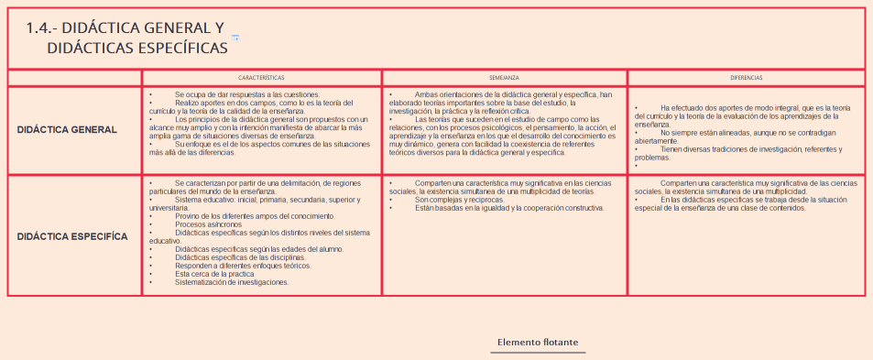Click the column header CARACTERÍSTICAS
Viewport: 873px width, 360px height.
point(261,79)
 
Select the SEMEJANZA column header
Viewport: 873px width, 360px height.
point(504,79)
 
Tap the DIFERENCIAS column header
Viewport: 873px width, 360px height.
point(746,79)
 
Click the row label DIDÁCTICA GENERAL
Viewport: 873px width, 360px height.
point(67,129)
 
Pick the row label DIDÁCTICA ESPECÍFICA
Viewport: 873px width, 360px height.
point(72,236)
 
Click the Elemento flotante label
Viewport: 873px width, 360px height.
point(537,343)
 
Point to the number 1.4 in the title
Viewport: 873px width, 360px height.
point(43,27)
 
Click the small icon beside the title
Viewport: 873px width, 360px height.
point(235,37)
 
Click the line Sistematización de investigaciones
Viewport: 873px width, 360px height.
point(231,282)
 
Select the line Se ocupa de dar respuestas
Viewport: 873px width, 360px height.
point(246,93)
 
